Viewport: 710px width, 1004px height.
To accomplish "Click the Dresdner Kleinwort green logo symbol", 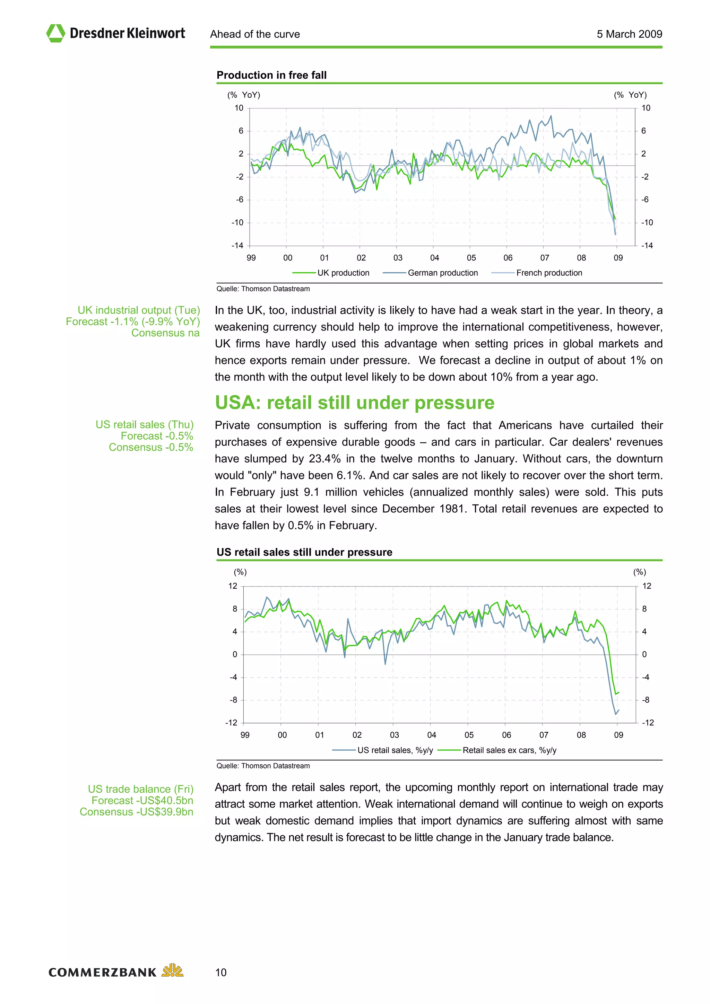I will (55, 33).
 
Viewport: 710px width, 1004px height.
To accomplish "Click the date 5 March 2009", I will (629, 34).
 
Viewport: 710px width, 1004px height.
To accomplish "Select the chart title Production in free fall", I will (271, 75).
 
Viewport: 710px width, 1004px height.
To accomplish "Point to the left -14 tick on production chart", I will (237, 246).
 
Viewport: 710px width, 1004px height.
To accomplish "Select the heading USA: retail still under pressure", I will (354, 403).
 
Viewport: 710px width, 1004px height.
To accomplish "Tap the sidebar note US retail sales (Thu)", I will (144, 425).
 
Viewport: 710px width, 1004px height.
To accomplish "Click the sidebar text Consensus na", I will (165, 333).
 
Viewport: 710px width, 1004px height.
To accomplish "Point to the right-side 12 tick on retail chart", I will (647, 586).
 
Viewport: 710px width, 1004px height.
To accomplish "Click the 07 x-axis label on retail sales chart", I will (543, 735).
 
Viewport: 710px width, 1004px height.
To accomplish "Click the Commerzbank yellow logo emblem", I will (172, 970).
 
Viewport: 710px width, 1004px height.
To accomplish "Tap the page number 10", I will (221, 972).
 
